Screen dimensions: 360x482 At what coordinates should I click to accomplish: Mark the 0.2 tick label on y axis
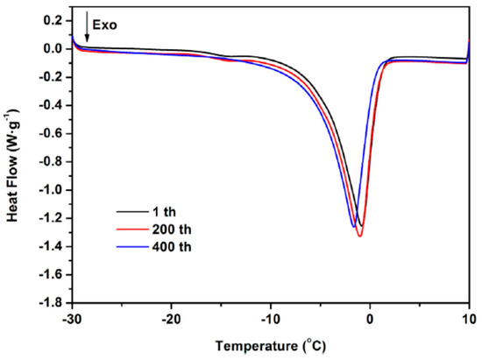[x=52, y=20]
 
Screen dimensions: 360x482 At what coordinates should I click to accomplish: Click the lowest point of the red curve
[x=359, y=236]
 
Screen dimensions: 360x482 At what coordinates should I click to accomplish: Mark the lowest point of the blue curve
[x=353, y=227]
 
